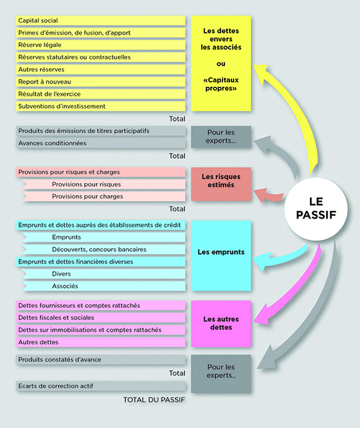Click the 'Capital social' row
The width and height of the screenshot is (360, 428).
pyautogui.click(x=100, y=21)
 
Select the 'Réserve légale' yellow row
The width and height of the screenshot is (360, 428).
pyautogui.click(x=100, y=45)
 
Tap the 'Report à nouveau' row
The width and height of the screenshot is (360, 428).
pyautogui.click(x=100, y=82)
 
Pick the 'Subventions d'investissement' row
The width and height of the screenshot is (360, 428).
pyautogui.click(x=100, y=106)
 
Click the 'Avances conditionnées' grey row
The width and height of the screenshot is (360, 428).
pyautogui.click(x=100, y=143)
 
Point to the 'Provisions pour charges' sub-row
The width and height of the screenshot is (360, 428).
pyautogui.click(x=104, y=196)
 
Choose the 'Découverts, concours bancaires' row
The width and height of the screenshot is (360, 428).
pyautogui.click(x=104, y=249)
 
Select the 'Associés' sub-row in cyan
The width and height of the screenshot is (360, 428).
pyautogui.click(x=104, y=286)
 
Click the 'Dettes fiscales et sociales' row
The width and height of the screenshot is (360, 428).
pyautogui.click(x=100, y=317)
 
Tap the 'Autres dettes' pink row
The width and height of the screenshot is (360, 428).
pyautogui.click(x=100, y=342)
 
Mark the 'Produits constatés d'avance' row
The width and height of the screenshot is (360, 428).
pyautogui.click(x=100, y=360)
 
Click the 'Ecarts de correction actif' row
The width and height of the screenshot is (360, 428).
pyautogui.click(x=100, y=386)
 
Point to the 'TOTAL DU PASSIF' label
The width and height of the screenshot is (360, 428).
pyautogui.click(x=154, y=400)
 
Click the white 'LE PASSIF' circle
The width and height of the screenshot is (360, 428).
pyautogui.click(x=316, y=209)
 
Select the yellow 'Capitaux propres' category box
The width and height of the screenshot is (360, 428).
pyautogui.click(x=221, y=64)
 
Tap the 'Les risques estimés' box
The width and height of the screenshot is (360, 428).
pyautogui.click(x=221, y=184)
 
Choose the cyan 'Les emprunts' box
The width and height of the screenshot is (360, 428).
pyautogui.click(x=221, y=256)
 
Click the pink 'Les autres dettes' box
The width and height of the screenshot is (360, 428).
pyautogui.click(x=221, y=324)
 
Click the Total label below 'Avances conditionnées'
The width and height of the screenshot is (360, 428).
pyautogui.click(x=177, y=156)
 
